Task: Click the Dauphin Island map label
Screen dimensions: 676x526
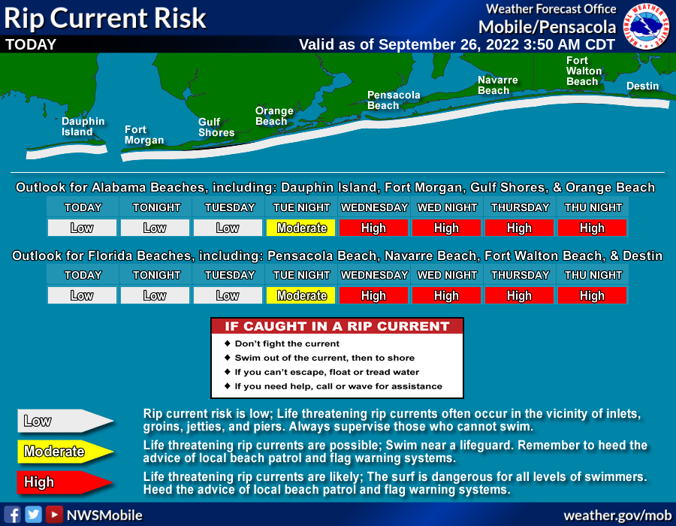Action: click(83, 127)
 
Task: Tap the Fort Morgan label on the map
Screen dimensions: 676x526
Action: click(144, 135)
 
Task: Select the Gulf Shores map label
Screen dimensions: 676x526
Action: click(216, 127)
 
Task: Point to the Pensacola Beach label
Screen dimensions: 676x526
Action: click(393, 100)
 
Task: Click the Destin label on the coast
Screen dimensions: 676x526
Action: click(642, 86)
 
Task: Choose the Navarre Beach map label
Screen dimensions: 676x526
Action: click(497, 85)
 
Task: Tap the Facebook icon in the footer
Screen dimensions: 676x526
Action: click(13, 515)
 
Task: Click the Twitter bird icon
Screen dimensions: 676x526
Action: click(33, 515)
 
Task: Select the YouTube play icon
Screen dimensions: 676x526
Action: click(54, 515)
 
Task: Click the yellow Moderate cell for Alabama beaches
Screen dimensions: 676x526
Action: click(301, 228)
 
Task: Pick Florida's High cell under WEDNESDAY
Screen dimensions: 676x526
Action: click(373, 295)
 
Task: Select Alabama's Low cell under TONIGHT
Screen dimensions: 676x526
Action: click(155, 228)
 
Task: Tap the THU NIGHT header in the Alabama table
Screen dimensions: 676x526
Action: click(593, 207)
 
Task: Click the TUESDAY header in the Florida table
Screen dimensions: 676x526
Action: click(229, 275)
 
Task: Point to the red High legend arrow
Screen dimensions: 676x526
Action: click(65, 482)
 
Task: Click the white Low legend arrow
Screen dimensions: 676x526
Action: click(65, 421)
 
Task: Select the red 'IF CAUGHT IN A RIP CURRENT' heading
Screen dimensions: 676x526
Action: click(337, 326)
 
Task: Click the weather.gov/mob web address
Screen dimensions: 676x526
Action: click(617, 515)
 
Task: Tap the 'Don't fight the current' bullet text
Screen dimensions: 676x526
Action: click(287, 343)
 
